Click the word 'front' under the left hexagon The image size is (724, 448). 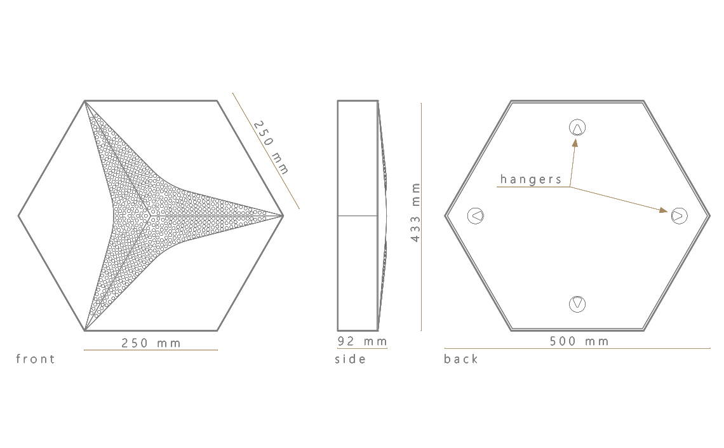click(36, 359)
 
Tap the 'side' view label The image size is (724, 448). click(351, 359)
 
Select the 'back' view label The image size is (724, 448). click(461, 359)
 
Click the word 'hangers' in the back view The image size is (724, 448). click(531, 179)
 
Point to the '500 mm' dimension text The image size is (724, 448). click(579, 341)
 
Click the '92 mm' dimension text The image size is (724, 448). click(363, 341)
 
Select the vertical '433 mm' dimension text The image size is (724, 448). click(415, 212)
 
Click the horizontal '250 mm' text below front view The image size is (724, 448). click(151, 343)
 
